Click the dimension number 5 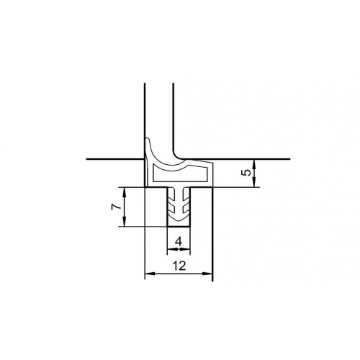247,172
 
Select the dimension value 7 115,207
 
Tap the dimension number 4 179,241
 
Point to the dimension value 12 179,266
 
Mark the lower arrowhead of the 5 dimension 254,182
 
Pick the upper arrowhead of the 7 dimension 125,192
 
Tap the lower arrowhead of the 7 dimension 125,222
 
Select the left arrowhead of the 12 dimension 150,274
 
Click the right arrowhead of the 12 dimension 207,274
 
